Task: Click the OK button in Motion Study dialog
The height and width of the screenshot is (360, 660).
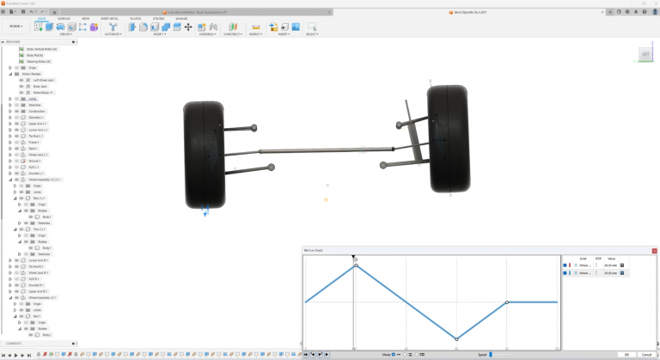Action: [627, 354]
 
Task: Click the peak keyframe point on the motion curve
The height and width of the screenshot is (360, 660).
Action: [356, 265]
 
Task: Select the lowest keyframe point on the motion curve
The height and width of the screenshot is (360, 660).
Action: [456, 339]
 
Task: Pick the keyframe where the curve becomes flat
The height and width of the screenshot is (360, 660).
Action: [507, 302]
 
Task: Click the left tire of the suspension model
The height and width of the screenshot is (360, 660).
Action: [205, 155]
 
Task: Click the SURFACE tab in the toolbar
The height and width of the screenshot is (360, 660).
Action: [64, 17]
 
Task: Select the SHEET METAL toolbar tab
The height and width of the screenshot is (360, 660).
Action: [110, 17]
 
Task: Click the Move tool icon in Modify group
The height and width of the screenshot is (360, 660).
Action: [188, 27]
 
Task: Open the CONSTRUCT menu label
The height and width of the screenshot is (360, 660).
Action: [233, 35]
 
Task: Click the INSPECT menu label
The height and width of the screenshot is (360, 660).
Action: [256, 35]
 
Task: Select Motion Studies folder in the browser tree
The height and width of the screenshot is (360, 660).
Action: [32, 74]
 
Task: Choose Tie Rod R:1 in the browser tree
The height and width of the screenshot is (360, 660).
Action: [37, 266]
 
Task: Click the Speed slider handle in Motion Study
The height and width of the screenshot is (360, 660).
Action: [491, 354]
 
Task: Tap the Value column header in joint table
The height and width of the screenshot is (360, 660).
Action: [611, 258]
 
